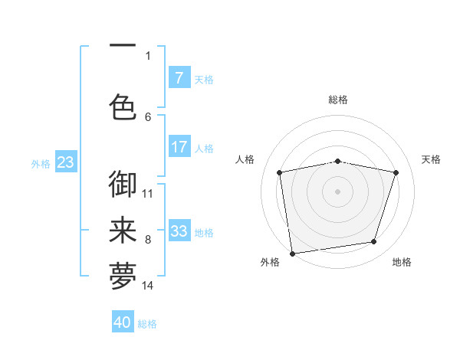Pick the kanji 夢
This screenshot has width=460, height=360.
pos(123,277)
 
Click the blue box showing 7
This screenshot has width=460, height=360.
pos(179,77)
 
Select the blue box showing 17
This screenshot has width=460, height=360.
pos(179,147)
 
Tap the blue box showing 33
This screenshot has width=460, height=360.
pos(179,231)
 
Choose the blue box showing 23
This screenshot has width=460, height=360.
pos(65,162)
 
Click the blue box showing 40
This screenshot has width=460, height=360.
pos(123,322)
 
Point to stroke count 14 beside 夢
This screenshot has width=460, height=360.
pos(148,286)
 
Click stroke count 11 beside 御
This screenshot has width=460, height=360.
pos(148,193)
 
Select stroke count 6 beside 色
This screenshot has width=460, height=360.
pos(148,116)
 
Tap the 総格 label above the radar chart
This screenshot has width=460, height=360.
pos(338,100)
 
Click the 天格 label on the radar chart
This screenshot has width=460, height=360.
pos(432,159)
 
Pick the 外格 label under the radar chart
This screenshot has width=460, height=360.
pos(270,262)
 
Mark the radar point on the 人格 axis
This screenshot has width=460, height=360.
pos(280,172)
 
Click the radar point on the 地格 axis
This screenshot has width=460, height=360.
pos(374,242)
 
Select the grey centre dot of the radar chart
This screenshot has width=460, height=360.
pos(338,191)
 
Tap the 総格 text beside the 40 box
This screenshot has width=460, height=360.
pos(147,324)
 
